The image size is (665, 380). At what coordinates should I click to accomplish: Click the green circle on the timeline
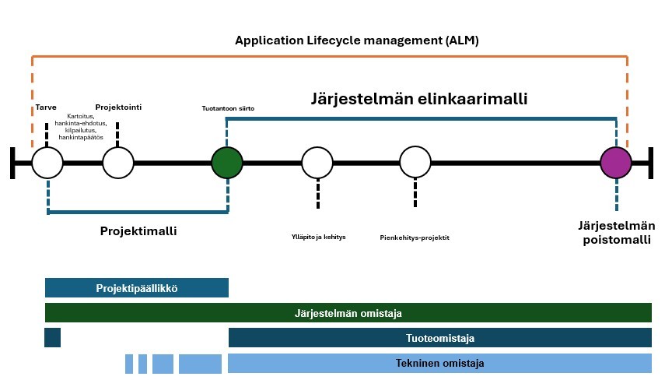227,163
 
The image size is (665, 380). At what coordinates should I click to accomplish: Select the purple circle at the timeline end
616,163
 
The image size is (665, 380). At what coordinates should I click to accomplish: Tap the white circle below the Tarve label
47,163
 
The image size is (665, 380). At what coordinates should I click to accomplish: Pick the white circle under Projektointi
118,163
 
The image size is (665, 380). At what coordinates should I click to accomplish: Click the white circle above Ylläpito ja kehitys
317,163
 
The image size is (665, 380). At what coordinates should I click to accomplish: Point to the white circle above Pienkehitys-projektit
415,162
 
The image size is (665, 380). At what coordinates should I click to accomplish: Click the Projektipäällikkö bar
137,288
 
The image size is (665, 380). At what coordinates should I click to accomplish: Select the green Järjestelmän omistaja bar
348,313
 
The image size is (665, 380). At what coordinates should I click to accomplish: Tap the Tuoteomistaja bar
439,337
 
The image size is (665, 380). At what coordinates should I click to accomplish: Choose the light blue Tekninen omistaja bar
439,363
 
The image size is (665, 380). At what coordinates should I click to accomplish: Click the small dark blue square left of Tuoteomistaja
53,337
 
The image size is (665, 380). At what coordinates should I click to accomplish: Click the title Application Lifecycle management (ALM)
357,40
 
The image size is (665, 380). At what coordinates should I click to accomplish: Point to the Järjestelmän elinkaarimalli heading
419,98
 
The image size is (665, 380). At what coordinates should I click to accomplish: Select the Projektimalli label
138,231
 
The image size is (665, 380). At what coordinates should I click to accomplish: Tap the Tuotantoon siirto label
228,108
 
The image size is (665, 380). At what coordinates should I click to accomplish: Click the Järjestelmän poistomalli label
617,232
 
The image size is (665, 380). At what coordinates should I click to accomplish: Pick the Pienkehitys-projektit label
415,237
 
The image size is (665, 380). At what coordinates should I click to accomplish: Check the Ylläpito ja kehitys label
319,237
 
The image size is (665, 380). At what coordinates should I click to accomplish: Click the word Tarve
46,107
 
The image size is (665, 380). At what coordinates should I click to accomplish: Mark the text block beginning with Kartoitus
81,126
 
